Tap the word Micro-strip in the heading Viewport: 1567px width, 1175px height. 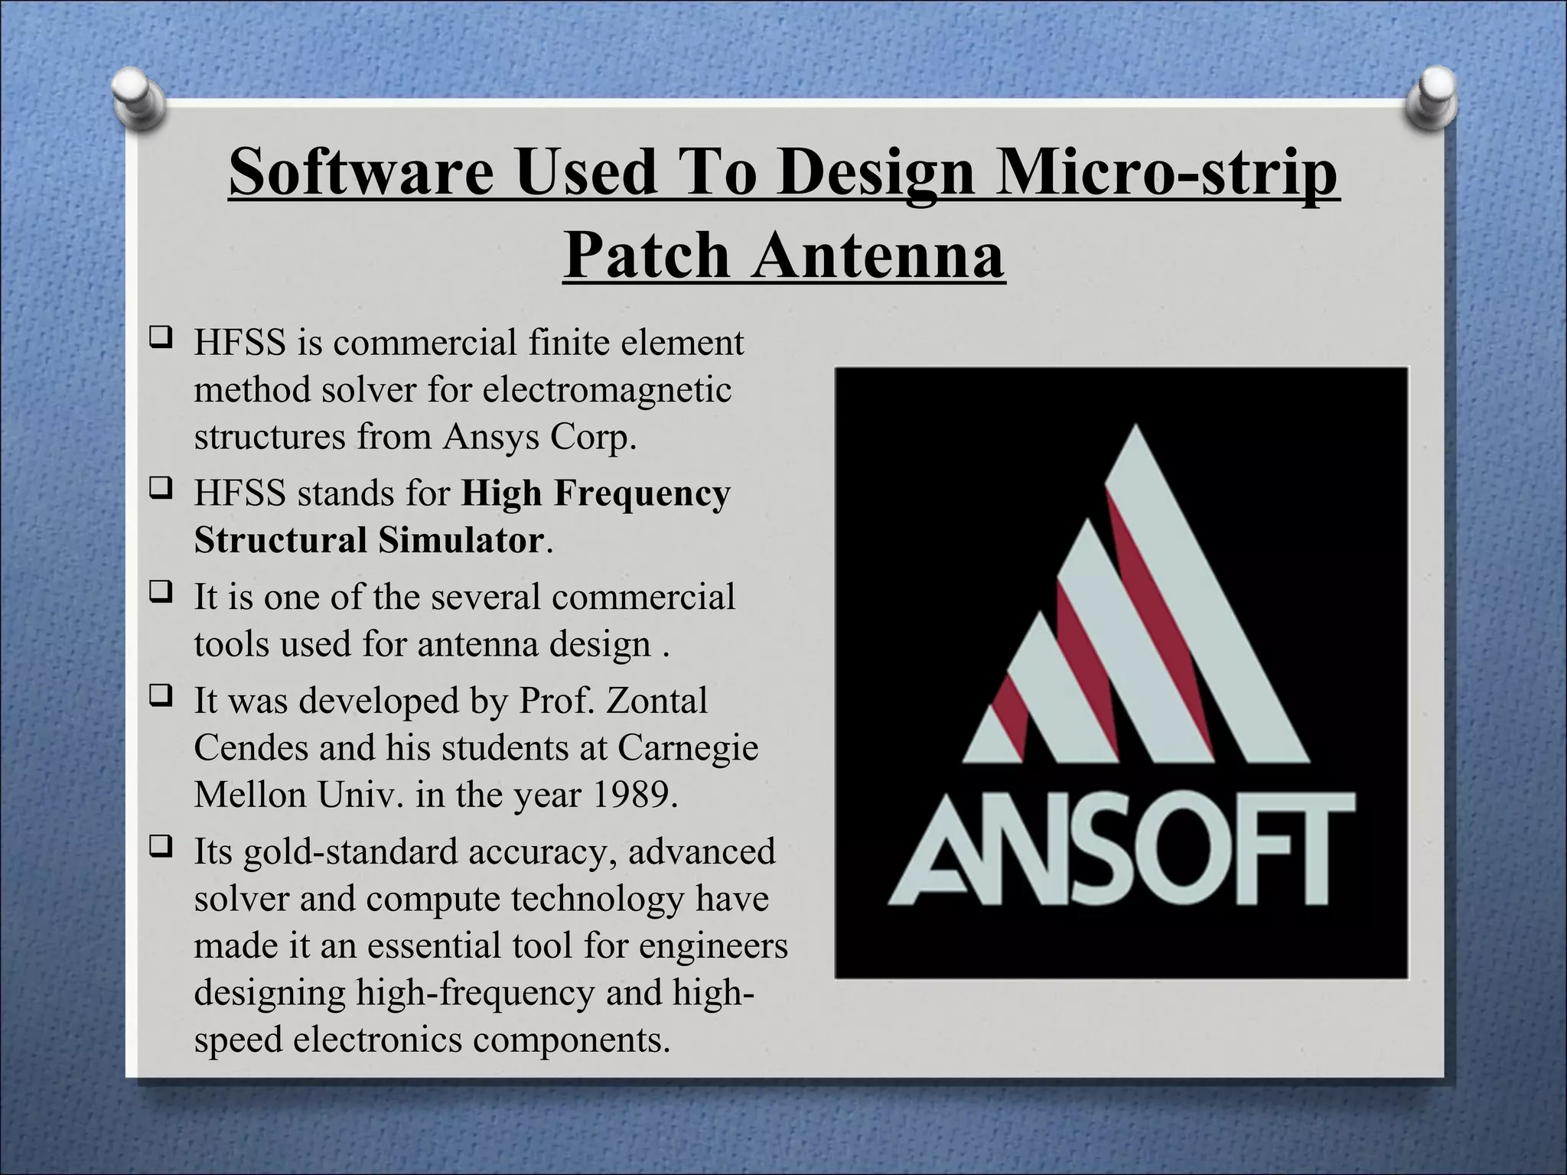[1171, 173]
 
